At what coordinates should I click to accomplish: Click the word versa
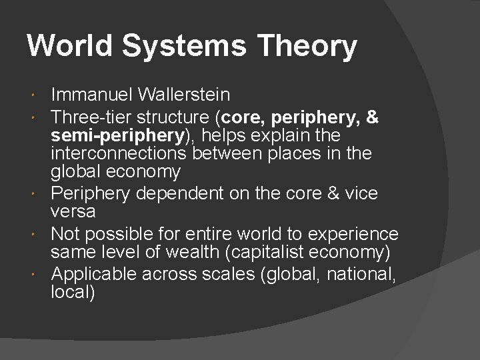coord(73,211)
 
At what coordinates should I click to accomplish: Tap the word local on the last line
coord(71,292)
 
